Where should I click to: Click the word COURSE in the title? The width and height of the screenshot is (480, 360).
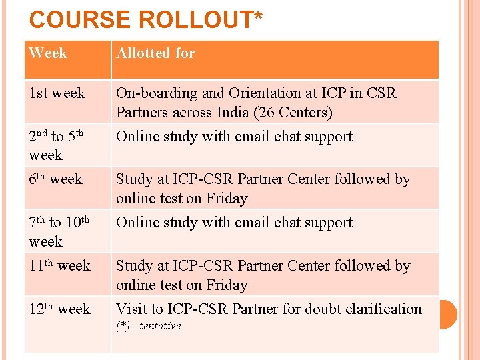click(80, 20)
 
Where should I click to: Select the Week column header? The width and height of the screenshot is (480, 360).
click(48, 53)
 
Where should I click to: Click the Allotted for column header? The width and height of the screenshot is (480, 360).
click(156, 53)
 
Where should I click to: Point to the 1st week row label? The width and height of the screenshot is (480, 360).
click(57, 93)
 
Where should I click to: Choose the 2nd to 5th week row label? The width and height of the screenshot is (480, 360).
click(56, 145)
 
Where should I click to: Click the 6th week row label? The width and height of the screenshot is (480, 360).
click(56, 179)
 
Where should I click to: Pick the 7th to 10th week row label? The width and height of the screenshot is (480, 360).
click(59, 232)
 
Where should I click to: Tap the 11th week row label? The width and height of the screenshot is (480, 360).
click(60, 266)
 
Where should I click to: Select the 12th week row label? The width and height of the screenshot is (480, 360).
click(60, 309)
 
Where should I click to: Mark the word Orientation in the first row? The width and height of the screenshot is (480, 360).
click(266, 93)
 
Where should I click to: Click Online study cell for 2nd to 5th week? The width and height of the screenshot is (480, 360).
click(234, 137)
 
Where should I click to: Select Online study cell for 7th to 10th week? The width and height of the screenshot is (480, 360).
click(234, 223)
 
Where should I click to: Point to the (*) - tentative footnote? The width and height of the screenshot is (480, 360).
click(149, 326)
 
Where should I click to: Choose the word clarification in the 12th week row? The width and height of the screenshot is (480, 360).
click(381, 309)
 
